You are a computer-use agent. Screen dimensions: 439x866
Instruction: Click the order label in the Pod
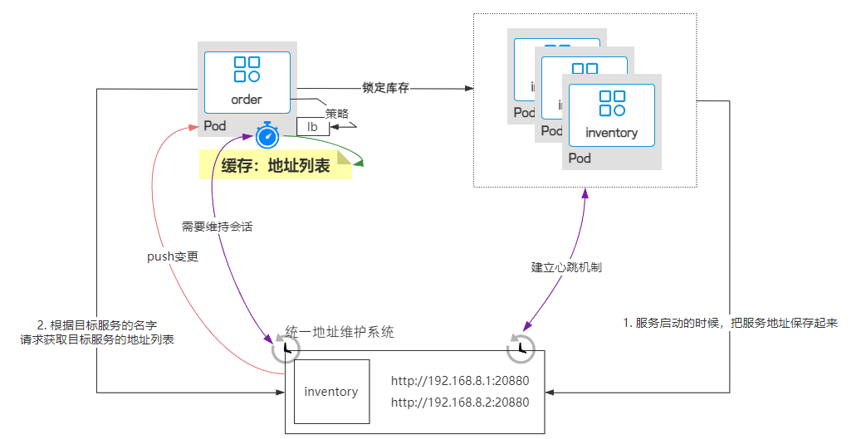tap(247, 100)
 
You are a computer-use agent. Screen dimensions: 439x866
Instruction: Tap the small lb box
tap(313, 127)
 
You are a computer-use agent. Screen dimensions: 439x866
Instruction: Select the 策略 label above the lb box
tap(337, 114)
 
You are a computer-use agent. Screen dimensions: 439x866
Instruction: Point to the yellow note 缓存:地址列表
tap(275, 165)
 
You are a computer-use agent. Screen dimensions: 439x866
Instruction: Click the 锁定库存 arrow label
tap(385, 88)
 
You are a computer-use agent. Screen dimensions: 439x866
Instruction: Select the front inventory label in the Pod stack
tap(611, 133)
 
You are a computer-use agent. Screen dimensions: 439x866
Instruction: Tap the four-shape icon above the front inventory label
tap(611, 104)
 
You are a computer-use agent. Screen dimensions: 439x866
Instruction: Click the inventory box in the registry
tap(331, 392)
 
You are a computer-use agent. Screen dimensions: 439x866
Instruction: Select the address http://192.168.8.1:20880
tap(459, 383)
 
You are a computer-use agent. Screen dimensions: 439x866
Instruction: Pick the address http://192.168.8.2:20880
tap(459, 402)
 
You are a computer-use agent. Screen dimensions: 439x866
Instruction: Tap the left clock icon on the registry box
tap(285, 349)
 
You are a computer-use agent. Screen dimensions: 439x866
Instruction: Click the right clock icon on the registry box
tap(521, 349)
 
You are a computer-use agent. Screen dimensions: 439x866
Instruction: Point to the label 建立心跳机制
tap(566, 267)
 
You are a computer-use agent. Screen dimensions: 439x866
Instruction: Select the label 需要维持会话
tap(217, 227)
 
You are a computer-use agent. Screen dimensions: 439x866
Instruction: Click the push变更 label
tap(173, 256)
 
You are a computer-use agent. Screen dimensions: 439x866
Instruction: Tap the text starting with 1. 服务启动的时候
tap(730, 323)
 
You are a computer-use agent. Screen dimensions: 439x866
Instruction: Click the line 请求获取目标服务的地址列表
tap(97, 340)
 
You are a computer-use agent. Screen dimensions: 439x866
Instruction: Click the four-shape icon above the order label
tap(247, 70)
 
